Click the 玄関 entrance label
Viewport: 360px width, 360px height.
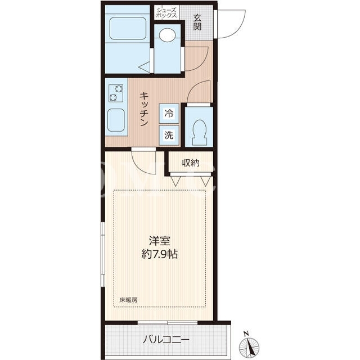197,22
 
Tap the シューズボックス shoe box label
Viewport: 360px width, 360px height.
166,12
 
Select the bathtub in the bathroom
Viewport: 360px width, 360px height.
128,28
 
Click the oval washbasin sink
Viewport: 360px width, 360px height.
168,35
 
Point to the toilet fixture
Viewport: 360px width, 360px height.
199,133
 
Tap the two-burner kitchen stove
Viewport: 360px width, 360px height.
116,93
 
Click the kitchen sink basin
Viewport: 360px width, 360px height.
116,120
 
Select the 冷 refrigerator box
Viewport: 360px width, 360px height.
169,114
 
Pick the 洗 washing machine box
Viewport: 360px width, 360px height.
169,135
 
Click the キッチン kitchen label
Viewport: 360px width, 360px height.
144,109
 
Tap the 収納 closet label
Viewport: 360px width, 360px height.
190,163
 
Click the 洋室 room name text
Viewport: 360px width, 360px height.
160,241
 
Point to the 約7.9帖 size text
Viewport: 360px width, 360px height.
160,254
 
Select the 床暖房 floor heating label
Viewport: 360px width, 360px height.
128,300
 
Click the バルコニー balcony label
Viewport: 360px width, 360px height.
166,339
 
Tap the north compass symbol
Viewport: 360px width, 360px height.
249,344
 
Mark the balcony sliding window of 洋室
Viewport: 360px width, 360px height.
168,322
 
